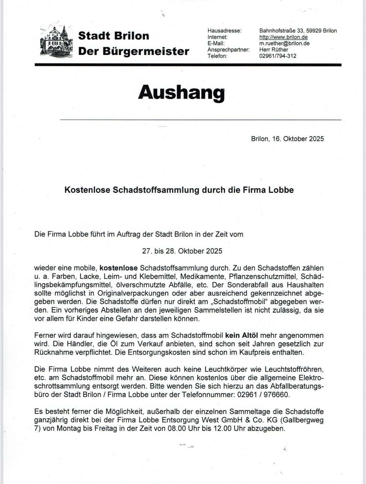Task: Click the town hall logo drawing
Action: [x=57, y=41]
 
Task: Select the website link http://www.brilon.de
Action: [x=283, y=37]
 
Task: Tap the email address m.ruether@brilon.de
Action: [x=284, y=43]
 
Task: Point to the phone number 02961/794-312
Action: [x=278, y=56]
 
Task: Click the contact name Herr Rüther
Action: [x=274, y=50]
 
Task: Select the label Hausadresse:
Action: [x=224, y=31]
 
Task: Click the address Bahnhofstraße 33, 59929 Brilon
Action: [x=298, y=31]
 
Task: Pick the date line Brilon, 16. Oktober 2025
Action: [x=287, y=139]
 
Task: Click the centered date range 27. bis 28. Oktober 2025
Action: [x=182, y=251]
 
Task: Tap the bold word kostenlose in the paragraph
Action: [x=119, y=268]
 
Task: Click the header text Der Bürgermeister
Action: [x=134, y=51]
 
